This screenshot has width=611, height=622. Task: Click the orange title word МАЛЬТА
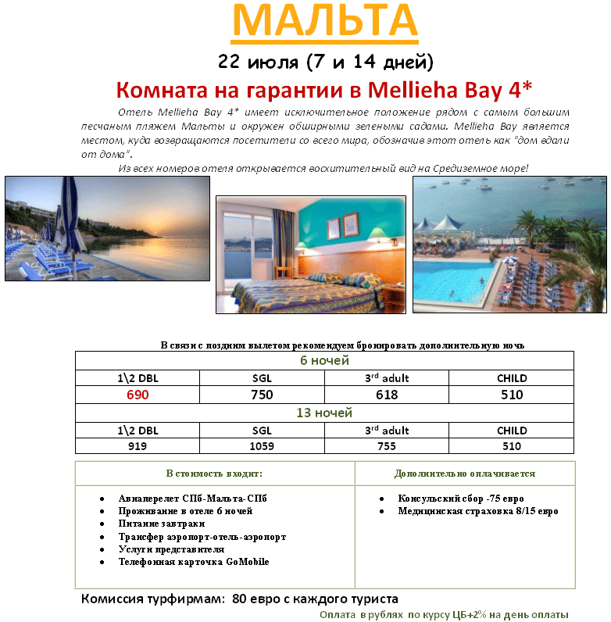click(x=324, y=23)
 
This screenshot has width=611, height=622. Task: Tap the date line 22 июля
click(x=324, y=61)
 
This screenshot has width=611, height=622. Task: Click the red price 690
click(x=138, y=395)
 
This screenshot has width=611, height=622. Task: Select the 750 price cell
click(x=262, y=395)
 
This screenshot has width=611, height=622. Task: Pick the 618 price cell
click(x=387, y=395)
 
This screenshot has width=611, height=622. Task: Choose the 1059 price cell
click(x=262, y=446)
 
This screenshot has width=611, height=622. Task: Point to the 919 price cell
click(x=138, y=446)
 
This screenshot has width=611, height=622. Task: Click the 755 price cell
click(x=387, y=446)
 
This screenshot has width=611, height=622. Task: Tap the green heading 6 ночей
click(x=324, y=360)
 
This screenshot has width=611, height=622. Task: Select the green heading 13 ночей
click(x=324, y=413)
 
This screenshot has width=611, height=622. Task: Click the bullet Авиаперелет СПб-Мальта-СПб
click(x=192, y=499)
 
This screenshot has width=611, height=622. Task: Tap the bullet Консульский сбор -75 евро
click(x=460, y=499)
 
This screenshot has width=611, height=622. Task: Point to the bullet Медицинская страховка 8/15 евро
click(x=478, y=511)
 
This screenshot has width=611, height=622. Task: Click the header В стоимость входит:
click(x=214, y=474)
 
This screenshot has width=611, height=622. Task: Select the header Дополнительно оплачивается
click(x=465, y=474)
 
